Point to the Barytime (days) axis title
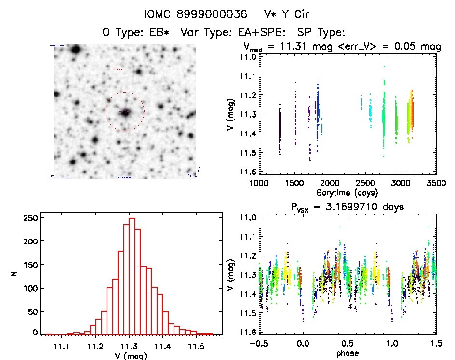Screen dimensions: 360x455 [x=343, y=193]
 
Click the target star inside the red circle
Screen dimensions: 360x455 [x=125, y=112]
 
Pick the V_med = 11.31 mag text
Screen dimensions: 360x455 [x=281, y=47]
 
